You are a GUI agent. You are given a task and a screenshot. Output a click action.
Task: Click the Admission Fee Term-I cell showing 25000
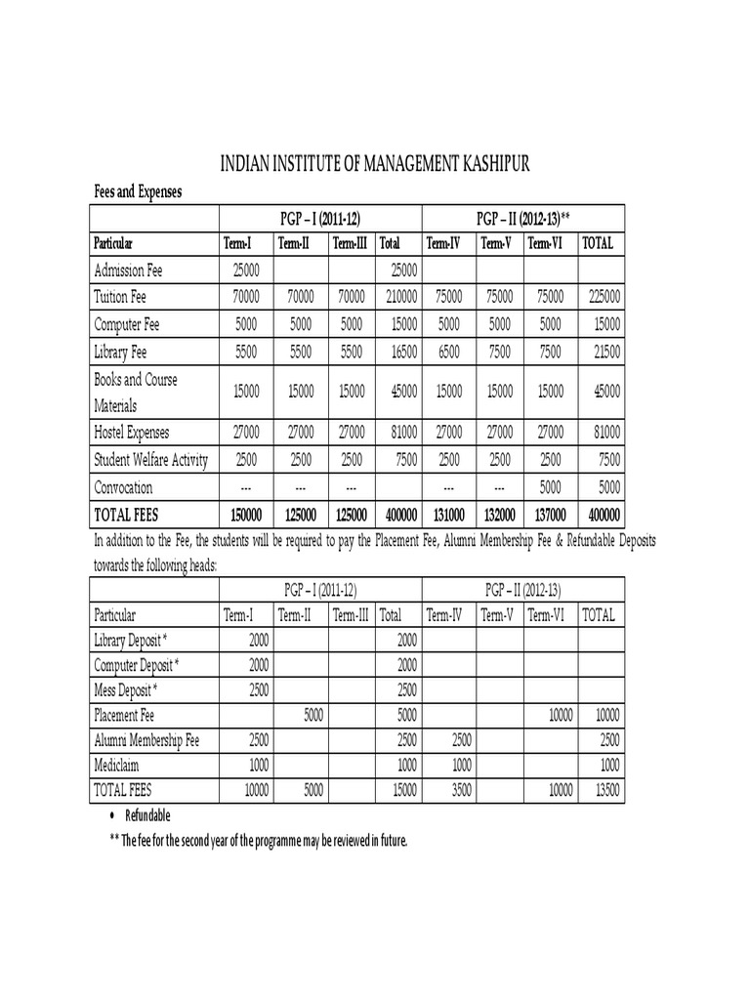[245, 269]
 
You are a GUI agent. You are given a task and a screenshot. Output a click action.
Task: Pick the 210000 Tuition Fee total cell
[399, 296]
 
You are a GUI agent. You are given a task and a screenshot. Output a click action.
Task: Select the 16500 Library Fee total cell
[401, 351]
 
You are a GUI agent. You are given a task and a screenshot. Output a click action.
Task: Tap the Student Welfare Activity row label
[150, 460]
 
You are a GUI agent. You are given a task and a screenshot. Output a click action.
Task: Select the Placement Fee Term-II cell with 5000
[312, 715]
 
